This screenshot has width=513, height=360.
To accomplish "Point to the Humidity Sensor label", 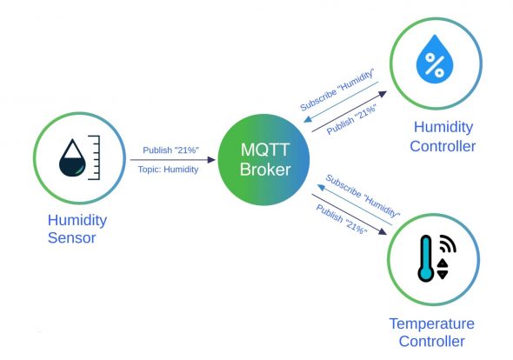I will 71,229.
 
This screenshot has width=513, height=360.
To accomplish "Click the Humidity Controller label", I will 443,137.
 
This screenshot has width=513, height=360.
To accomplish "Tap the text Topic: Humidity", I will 168,170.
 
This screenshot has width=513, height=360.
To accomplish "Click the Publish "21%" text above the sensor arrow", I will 171,150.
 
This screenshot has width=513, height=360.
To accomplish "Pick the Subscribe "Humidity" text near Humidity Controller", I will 337,89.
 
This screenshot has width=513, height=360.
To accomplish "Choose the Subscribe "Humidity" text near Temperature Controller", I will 363,196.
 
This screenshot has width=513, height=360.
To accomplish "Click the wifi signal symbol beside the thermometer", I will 447,243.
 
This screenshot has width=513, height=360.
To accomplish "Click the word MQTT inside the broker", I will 258,150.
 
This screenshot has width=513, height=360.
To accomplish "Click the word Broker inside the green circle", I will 258,170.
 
